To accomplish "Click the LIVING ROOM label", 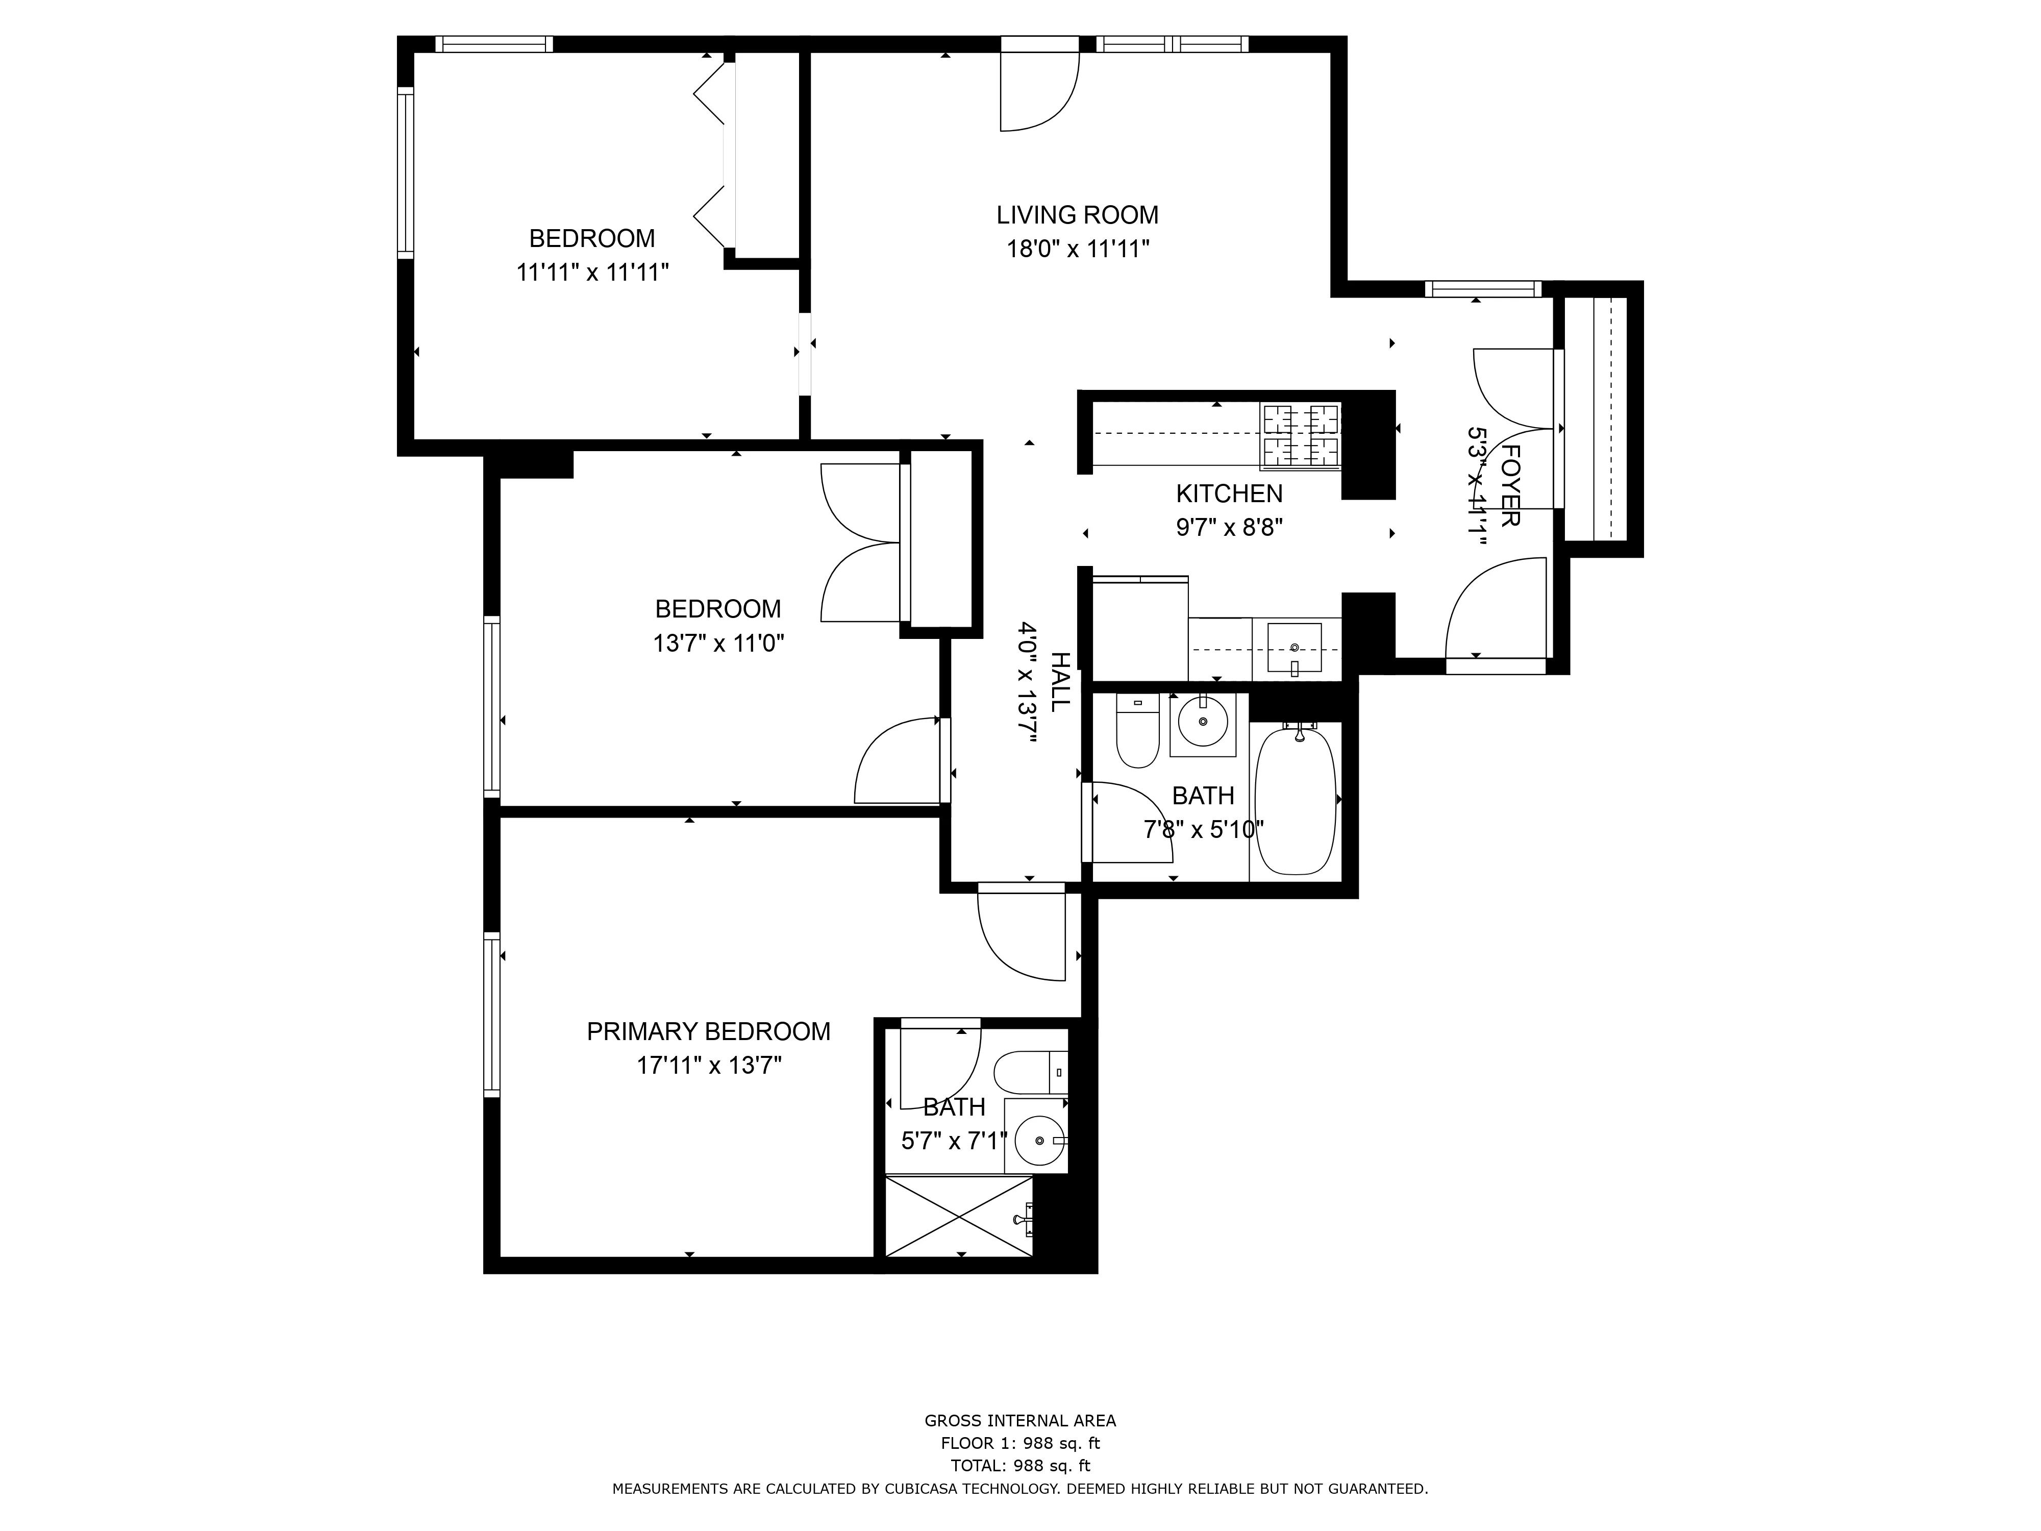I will point(1077,215).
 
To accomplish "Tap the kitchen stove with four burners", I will point(1301,436).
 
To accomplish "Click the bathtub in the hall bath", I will point(1296,799).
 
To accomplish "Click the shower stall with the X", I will point(959,1216).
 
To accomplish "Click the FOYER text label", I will point(1509,485).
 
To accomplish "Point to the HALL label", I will point(1060,681).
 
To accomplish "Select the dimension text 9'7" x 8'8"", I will point(1229,528).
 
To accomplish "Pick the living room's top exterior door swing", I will point(1041,92).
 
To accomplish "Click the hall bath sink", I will point(1203,723).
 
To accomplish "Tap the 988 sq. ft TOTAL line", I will point(1020,1466).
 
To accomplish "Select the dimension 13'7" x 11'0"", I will point(719,643).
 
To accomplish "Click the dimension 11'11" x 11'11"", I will point(592,272).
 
